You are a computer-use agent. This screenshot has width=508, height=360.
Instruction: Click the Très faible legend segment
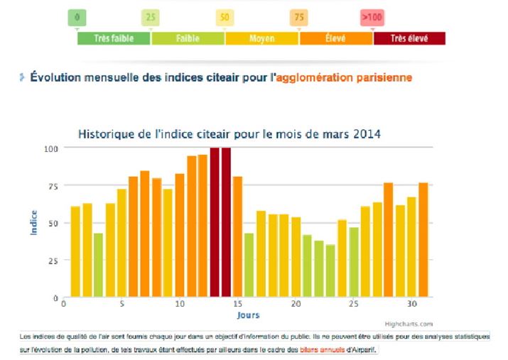(x=114, y=38)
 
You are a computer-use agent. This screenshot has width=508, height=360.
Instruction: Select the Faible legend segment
(x=188, y=38)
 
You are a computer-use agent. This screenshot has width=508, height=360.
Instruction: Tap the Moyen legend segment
(x=261, y=38)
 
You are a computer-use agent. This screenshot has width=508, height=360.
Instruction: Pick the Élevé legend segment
(x=335, y=38)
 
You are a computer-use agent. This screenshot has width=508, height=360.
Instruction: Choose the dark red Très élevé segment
(x=409, y=38)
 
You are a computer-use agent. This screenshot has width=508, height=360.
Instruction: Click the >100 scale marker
(x=372, y=16)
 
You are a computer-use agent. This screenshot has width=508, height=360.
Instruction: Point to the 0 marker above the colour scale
(x=77, y=16)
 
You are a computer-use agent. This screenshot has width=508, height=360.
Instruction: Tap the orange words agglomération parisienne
(x=353, y=77)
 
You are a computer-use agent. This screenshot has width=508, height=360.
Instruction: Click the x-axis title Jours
(x=248, y=315)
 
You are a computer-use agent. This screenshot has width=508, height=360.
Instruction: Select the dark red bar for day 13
(x=215, y=222)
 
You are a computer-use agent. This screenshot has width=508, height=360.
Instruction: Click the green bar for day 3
(x=99, y=265)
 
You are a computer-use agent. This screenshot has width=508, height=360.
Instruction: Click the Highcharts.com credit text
(x=409, y=324)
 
